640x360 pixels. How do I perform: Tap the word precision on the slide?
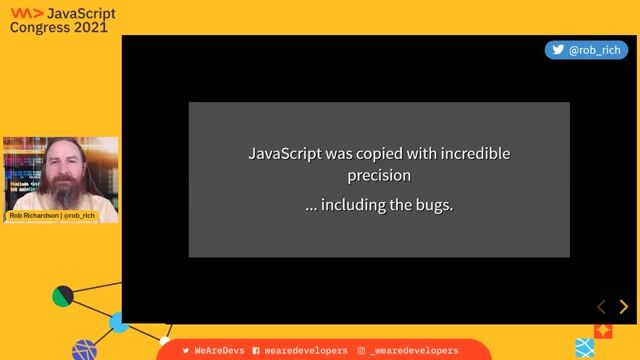pos(379,176)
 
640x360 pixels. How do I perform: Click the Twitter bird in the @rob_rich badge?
pos(557,49)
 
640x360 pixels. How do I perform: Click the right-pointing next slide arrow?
pos(623,307)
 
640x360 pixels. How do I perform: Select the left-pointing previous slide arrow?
pos(601,307)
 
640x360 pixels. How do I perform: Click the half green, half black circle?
pos(63,296)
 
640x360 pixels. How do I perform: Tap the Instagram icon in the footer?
pos(361,350)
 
